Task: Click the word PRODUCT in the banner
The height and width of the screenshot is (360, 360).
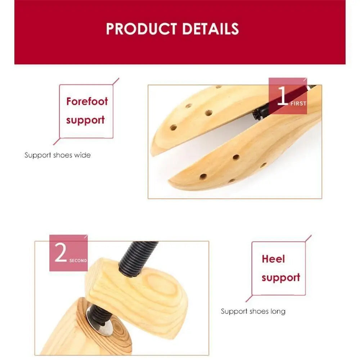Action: click(142, 29)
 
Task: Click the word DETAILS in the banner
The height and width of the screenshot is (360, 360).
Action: click(211, 29)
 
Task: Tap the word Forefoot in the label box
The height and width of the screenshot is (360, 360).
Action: click(87, 101)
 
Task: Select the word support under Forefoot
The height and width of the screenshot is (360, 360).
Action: click(85, 120)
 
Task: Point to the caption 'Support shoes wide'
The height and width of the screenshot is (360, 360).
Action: click(58, 155)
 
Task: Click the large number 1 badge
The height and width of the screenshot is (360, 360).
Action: click(283, 96)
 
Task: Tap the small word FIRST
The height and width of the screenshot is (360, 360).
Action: click(298, 103)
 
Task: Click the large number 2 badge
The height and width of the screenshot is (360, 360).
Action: click(60, 253)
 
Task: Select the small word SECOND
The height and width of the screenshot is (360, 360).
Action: click(78, 260)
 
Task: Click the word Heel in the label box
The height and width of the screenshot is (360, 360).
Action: click(273, 259)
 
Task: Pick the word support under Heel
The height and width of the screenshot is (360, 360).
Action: click(281, 278)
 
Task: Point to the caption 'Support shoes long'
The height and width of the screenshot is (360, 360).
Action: click(253, 311)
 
